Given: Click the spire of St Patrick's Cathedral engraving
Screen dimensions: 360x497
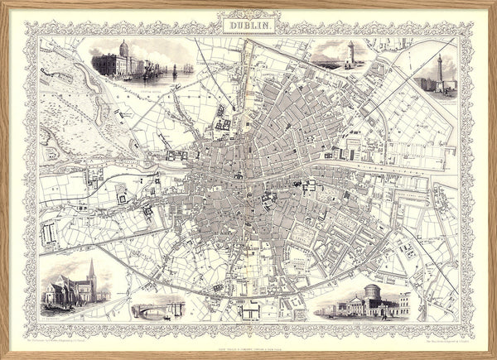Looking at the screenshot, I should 90,270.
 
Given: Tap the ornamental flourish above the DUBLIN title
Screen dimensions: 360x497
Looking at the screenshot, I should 249,14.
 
